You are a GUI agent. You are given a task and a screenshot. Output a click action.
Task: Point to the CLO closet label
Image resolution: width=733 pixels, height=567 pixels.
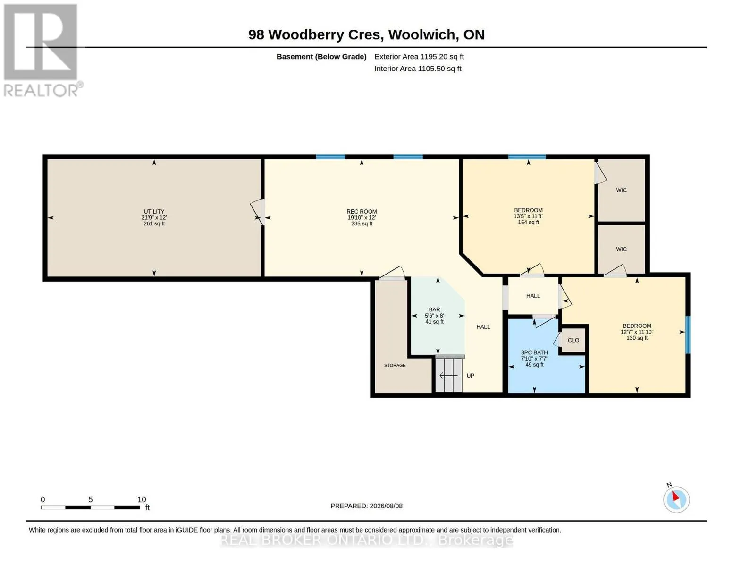pyautogui.click(x=573, y=340)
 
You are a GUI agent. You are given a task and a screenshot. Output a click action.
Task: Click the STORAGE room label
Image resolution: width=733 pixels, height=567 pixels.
pyautogui.click(x=395, y=365)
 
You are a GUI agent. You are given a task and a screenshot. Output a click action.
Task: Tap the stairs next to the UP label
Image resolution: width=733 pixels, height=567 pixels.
pyautogui.click(x=449, y=375)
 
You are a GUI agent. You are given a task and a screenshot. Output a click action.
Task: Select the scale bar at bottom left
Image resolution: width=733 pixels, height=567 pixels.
pyautogui.click(x=91, y=507)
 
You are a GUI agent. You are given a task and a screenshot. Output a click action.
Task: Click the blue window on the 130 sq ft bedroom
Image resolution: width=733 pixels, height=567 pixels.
pyautogui.click(x=688, y=335)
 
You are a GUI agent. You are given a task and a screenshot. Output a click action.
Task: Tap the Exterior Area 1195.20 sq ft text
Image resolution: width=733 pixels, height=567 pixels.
pyautogui.click(x=419, y=57)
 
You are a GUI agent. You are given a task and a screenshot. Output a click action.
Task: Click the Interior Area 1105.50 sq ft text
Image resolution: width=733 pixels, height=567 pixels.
pyautogui.click(x=418, y=69)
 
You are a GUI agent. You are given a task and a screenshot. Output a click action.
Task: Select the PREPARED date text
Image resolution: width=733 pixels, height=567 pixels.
pyautogui.click(x=367, y=506)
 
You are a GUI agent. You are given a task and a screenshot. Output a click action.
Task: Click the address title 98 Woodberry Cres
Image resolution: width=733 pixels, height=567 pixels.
pyautogui.click(x=316, y=34)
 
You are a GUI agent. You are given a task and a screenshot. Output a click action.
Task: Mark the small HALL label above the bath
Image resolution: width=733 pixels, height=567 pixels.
pyautogui.click(x=533, y=296)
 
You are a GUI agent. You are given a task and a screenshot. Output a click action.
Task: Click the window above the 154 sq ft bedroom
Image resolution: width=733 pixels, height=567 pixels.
pyautogui.click(x=527, y=156)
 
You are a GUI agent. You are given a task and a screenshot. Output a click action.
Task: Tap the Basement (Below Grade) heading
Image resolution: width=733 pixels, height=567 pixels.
pyautogui.click(x=321, y=57)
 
